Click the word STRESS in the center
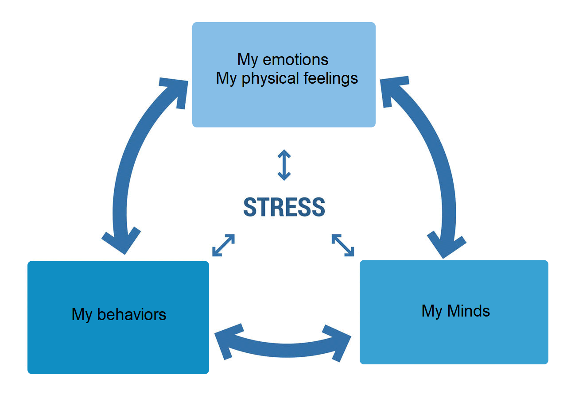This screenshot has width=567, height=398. coord(284,207)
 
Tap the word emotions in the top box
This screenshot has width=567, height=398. coord(295,60)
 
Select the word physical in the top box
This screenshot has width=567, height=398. coord(270,79)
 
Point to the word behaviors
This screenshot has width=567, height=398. coord(132,314)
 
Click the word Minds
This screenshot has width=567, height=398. coord(469,311)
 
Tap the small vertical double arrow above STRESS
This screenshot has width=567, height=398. coord(284,165)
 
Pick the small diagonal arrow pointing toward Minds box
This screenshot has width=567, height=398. coord(343,245)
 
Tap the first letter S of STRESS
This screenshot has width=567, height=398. coord(250,207)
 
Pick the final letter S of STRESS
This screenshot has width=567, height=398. coord(318,207)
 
